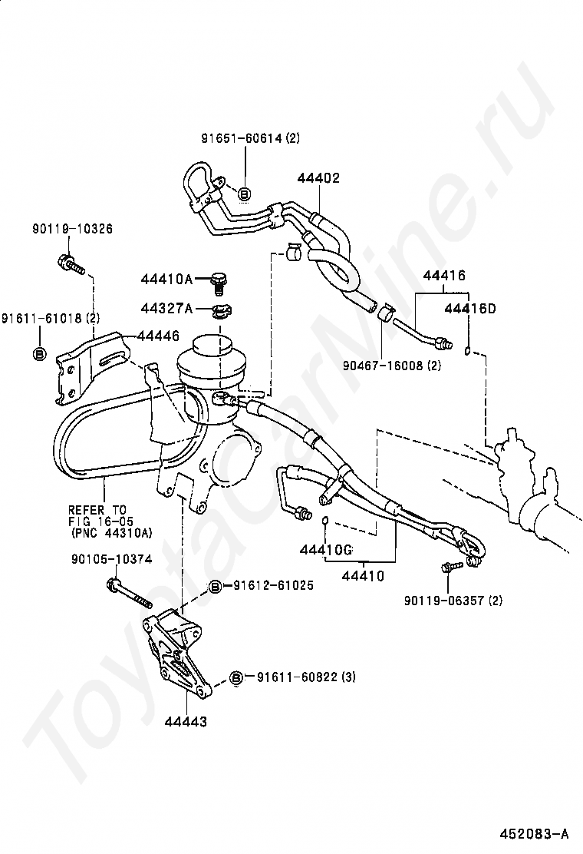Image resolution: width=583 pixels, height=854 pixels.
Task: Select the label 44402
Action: click(x=318, y=178)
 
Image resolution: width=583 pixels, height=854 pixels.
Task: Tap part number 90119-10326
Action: click(x=72, y=229)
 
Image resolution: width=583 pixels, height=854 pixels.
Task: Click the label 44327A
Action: click(x=166, y=307)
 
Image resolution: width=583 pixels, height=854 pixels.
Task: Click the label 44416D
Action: click(x=470, y=309)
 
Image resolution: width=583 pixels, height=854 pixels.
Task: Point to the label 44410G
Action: click(x=325, y=550)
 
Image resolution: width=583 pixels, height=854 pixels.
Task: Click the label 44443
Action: click(x=185, y=721)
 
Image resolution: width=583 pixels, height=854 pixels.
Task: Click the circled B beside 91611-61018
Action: click(x=39, y=353)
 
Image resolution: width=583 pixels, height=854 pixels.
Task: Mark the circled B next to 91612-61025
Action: click(x=216, y=587)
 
